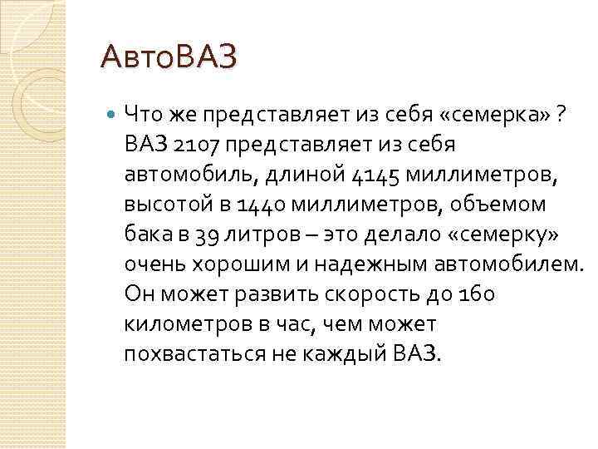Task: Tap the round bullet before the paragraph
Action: [112, 115]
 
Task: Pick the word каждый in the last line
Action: [339, 353]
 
